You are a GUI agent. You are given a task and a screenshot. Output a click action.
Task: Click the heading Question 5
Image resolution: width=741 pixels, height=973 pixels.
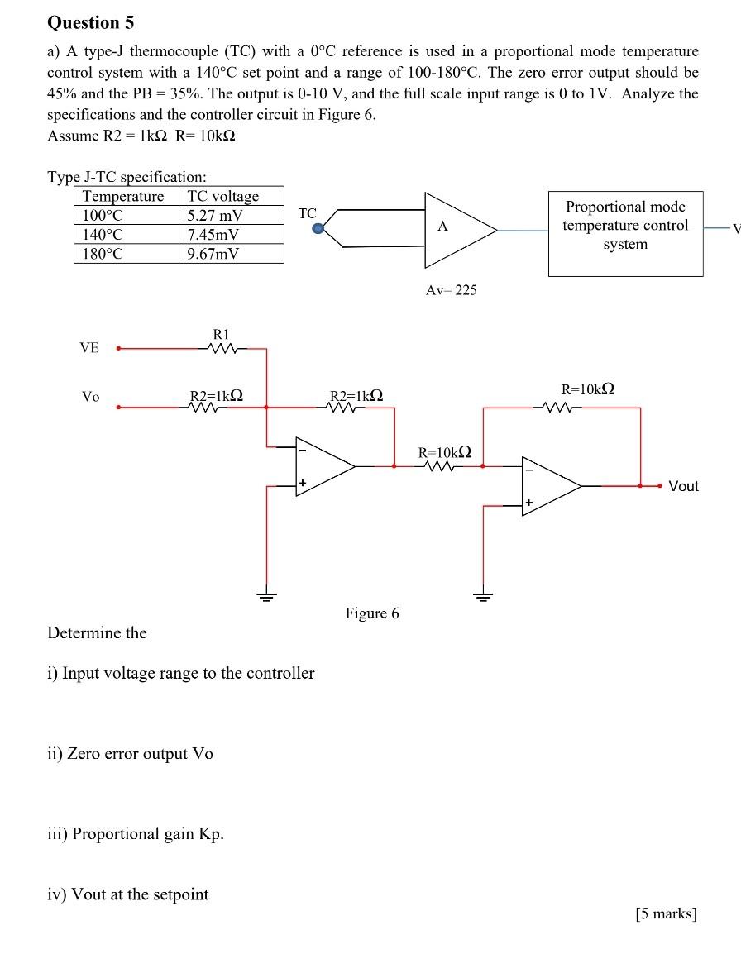91,22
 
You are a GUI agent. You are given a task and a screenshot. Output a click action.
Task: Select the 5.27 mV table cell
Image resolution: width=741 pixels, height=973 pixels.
215,216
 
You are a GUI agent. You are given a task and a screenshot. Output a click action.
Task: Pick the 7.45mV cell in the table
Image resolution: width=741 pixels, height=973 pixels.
213,235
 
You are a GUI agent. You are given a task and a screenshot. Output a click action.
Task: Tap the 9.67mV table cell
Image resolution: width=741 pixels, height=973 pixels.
213,254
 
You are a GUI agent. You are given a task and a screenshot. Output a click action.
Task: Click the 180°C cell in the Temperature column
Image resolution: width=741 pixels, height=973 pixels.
103,254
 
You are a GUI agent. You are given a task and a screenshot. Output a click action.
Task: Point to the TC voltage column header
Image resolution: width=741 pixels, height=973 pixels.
223,197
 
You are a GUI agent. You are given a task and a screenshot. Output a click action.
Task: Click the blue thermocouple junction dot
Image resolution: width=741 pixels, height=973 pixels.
318,230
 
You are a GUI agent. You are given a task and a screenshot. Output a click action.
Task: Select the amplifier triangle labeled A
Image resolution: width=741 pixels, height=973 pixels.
453,230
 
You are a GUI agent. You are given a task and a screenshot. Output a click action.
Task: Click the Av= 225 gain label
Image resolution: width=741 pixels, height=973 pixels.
451,290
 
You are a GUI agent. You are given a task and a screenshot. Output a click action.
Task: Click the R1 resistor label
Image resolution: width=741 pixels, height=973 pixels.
220,334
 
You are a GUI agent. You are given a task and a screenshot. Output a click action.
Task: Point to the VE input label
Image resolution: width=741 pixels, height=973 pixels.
89,348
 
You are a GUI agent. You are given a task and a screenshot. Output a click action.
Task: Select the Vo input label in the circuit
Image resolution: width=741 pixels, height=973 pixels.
90,397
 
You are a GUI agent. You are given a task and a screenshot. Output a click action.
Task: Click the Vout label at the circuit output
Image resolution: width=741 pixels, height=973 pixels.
683,486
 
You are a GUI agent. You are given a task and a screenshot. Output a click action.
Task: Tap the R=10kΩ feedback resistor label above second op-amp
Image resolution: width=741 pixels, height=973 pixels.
588,389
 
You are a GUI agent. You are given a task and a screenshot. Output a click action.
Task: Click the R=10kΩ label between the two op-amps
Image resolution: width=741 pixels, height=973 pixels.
445,452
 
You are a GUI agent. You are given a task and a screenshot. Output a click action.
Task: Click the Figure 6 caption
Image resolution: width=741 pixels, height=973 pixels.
372,613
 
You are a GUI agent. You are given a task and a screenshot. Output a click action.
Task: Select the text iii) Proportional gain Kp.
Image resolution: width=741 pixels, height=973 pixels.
136,833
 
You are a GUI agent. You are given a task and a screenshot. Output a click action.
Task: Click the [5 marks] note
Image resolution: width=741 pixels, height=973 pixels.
666,913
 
